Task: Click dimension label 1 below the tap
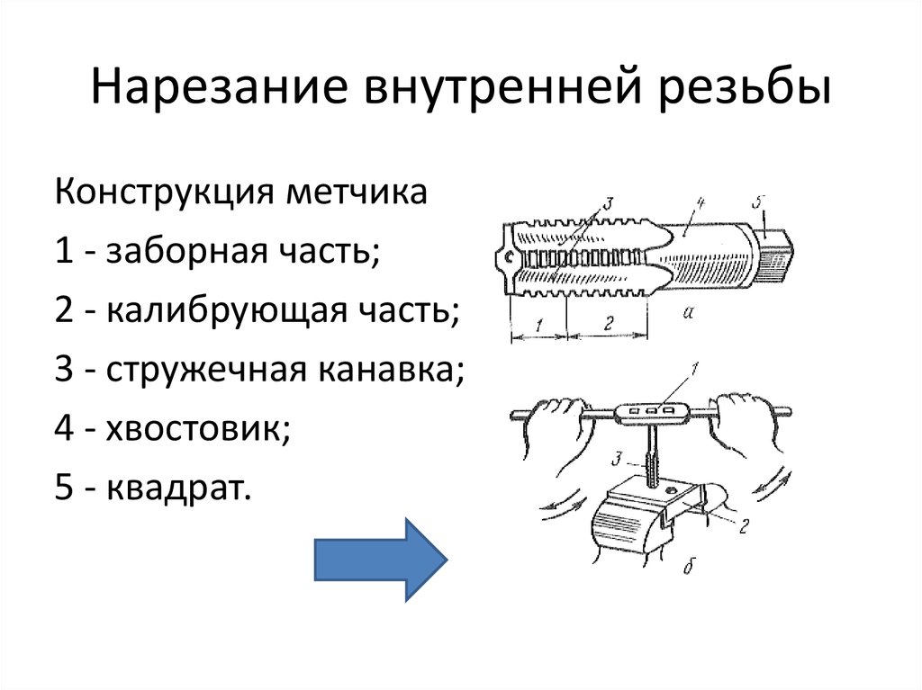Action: (x=538, y=326)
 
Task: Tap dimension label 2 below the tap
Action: (x=608, y=325)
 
